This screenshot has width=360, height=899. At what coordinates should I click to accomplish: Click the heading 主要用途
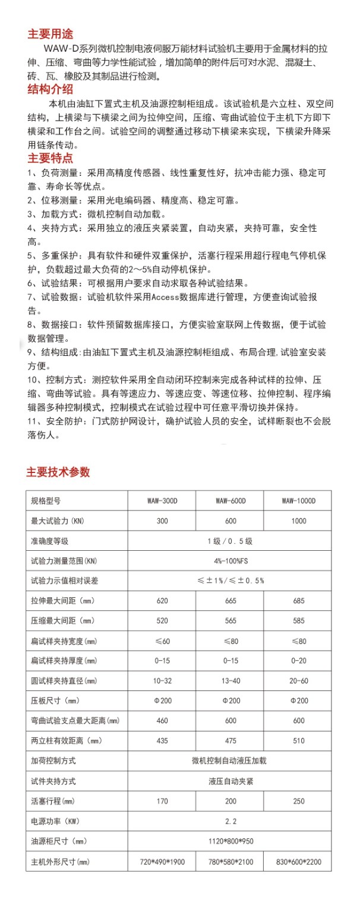tap(50, 33)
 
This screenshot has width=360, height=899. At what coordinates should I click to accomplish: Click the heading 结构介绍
tap(50, 90)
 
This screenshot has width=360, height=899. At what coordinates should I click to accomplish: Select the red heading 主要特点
tap(50, 159)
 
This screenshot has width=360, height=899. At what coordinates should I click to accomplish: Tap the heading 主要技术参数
tap(58, 472)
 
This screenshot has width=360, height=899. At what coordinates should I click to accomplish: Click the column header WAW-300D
tap(162, 500)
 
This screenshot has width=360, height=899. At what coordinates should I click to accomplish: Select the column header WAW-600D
tap(230, 500)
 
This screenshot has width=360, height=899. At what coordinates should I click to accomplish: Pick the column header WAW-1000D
tap(298, 500)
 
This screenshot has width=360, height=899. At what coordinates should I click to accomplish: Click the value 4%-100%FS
tap(230, 560)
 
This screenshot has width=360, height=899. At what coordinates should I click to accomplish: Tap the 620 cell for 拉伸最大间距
tap(162, 601)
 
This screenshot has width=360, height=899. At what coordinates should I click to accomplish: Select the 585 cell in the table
tap(298, 620)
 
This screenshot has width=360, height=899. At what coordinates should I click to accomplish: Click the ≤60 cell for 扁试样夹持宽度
tap(162, 641)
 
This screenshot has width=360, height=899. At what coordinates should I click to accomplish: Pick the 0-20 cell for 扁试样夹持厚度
tap(298, 660)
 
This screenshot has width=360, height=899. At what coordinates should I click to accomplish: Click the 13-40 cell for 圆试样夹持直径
tap(230, 680)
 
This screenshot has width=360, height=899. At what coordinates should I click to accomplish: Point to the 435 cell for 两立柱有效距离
tap(162, 740)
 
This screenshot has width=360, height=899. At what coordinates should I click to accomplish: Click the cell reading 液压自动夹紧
tap(230, 781)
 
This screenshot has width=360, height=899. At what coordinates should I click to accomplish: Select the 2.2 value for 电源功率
tap(230, 821)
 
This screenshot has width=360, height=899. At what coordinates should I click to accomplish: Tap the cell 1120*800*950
tap(230, 841)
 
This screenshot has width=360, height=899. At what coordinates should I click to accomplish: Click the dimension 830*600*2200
tap(298, 861)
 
